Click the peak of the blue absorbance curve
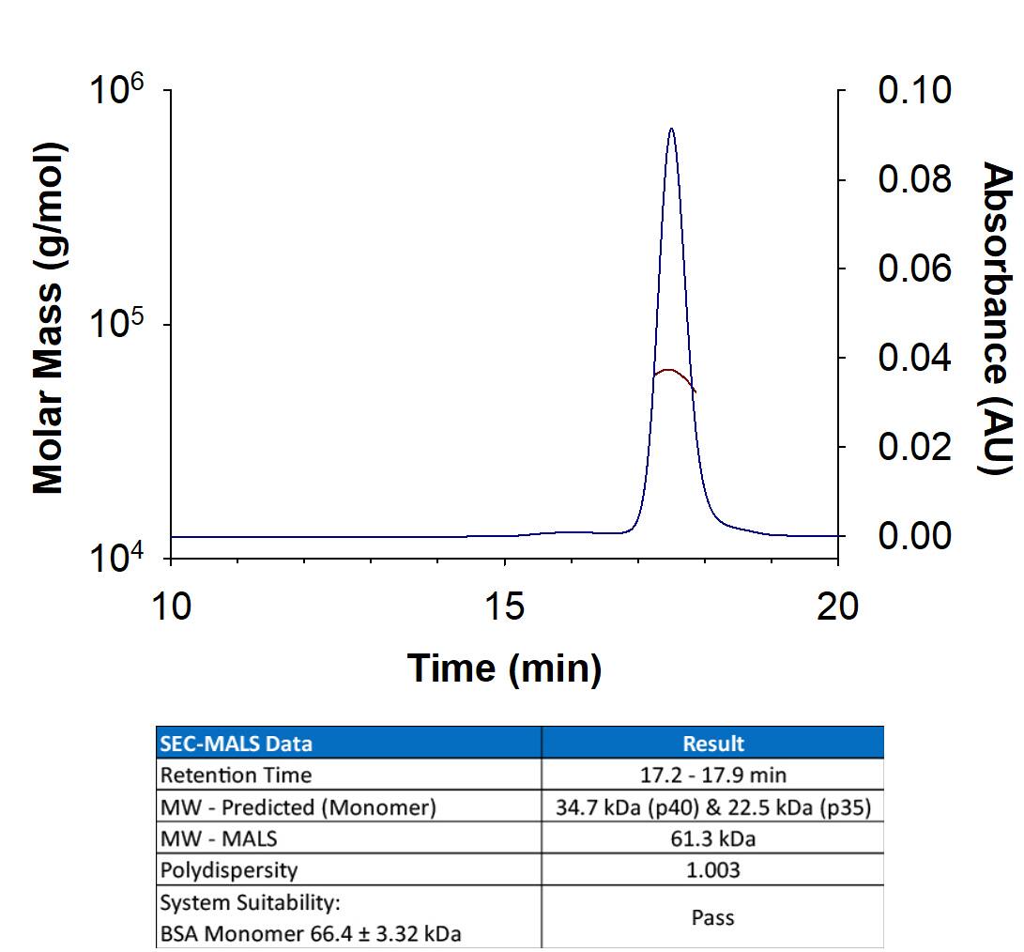pyautogui.click(x=671, y=130)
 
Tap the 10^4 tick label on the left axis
pyautogui.click(x=117, y=560)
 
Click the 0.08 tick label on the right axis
pyautogui.click(x=915, y=179)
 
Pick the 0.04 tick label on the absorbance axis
pyautogui.click(x=915, y=358)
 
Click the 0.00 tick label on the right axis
pyautogui.click(x=915, y=536)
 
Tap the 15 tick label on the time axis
pyautogui.click(x=505, y=607)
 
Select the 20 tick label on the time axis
pyautogui.click(x=837, y=607)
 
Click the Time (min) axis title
pyautogui.click(x=504, y=668)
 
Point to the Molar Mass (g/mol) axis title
pyautogui.click(x=48, y=319)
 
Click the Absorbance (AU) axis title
pyautogui.click(x=998, y=319)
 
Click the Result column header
pyautogui.click(x=713, y=744)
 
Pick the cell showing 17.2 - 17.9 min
pyautogui.click(x=713, y=775)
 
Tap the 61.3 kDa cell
pyautogui.click(x=713, y=838)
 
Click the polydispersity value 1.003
pyautogui.click(x=713, y=870)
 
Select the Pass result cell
pyautogui.click(x=713, y=917)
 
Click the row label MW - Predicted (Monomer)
pyautogui.click(x=298, y=807)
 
